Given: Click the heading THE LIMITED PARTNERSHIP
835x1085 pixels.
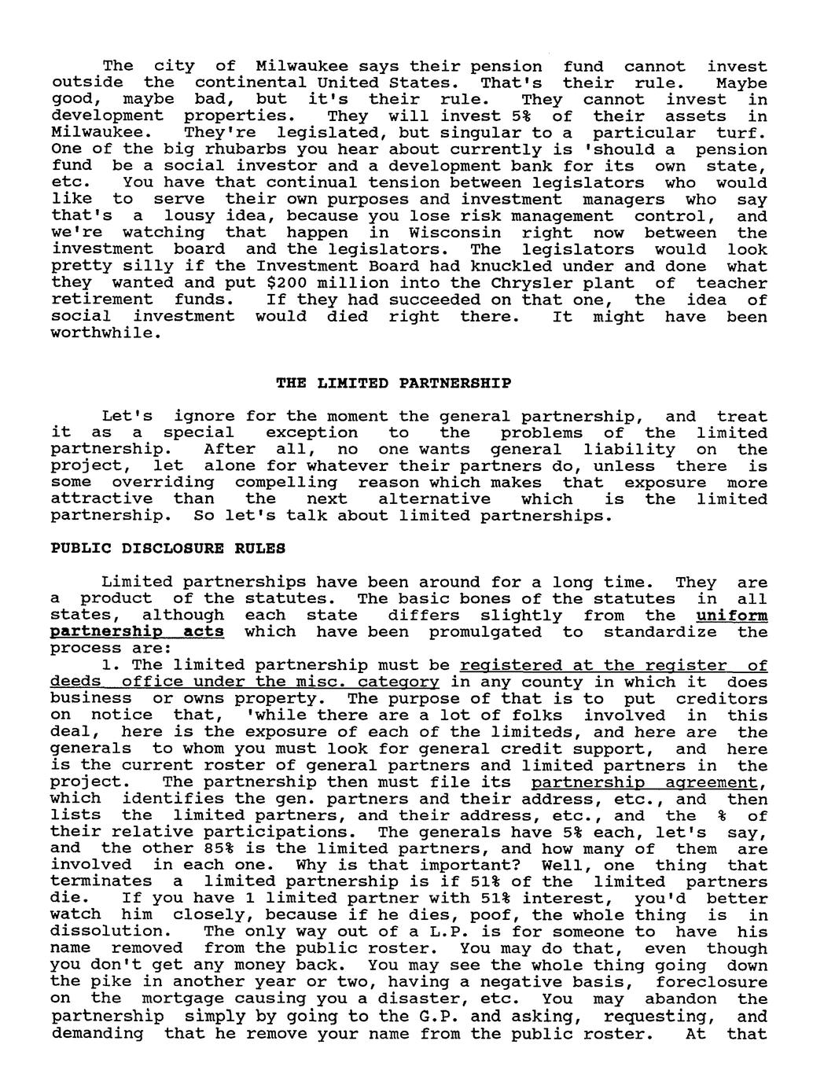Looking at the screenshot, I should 393,384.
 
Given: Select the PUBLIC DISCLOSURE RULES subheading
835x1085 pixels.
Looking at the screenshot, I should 167,549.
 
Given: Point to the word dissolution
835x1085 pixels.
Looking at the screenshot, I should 107,932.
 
